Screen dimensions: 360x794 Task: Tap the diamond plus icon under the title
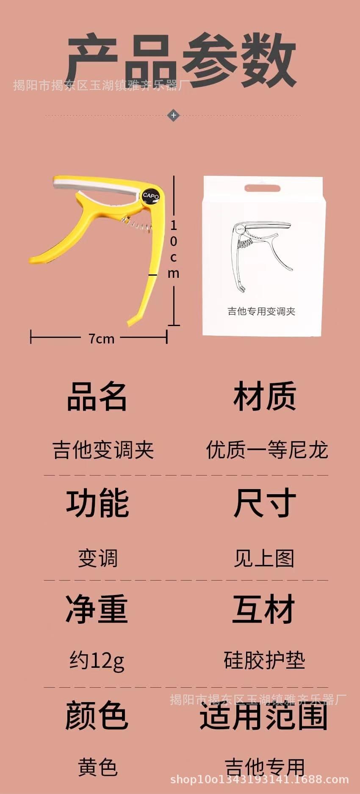pyautogui.click(x=173, y=115)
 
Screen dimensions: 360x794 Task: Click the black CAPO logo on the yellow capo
pyautogui.click(x=150, y=196)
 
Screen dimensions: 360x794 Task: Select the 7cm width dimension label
pyautogui.click(x=101, y=339)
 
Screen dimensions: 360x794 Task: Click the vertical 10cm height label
pyautogui.click(x=174, y=249)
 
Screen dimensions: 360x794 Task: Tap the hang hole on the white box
pyautogui.click(x=262, y=188)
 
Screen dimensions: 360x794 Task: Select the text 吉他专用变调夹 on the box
pyautogui.click(x=261, y=311)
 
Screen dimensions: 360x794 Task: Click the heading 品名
pyautogui.click(x=97, y=397)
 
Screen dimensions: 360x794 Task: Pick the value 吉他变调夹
pyautogui.click(x=103, y=450)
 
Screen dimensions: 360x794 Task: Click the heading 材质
pyautogui.click(x=264, y=397)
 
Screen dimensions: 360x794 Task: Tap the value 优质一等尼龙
pyautogui.click(x=267, y=450)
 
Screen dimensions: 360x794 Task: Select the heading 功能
pyautogui.click(x=97, y=503)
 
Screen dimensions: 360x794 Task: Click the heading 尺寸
pyautogui.click(x=264, y=503)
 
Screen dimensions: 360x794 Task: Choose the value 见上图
pyautogui.click(x=264, y=558)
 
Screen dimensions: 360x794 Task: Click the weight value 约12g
pyautogui.click(x=97, y=661)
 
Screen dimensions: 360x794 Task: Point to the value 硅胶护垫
pyautogui.click(x=264, y=661)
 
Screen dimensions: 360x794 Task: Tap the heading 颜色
pyautogui.click(x=97, y=716)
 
